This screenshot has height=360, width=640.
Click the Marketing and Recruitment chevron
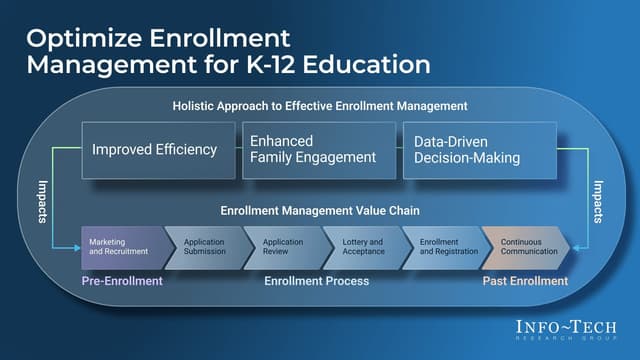pos(121,247)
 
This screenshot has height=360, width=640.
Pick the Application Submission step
pos(204,247)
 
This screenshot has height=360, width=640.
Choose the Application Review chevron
pos(283,247)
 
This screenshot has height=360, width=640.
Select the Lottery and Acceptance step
pos(362,247)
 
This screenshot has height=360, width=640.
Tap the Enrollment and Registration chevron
pos(442,247)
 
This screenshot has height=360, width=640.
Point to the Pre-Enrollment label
pos(122,281)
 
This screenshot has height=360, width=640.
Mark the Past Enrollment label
pos(526,281)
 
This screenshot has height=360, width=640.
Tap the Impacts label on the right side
pos(598,200)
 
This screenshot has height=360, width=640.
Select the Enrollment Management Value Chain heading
pos(319,211)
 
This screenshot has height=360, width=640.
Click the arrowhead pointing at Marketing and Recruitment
pos(77,247)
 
